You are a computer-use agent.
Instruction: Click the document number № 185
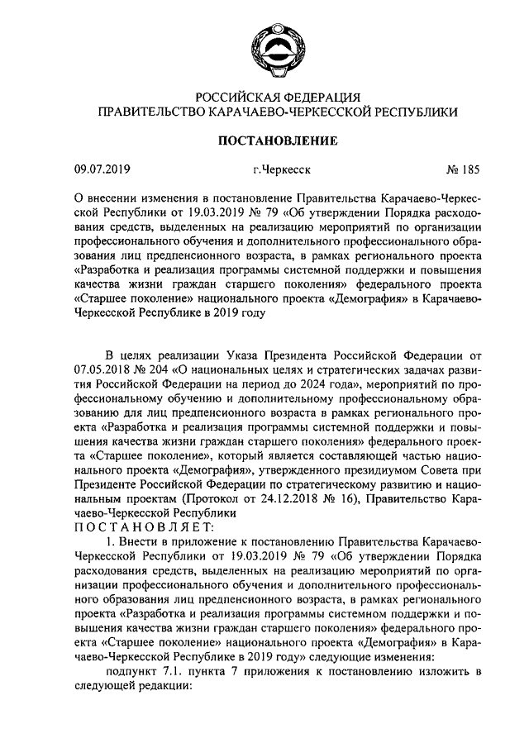click(463, 171)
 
